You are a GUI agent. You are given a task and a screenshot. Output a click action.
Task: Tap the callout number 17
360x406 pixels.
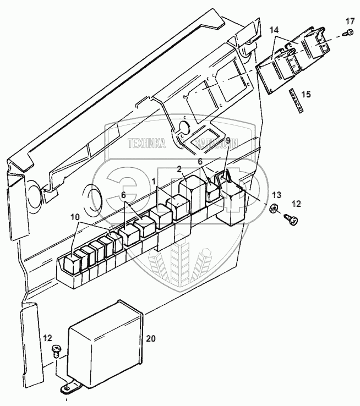pos(350,21)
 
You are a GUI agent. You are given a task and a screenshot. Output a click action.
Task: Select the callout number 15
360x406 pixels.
pos(305,94)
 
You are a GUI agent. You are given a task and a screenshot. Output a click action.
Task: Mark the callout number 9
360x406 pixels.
pos(228,156)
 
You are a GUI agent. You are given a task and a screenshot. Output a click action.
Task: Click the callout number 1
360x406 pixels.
pos(154,180)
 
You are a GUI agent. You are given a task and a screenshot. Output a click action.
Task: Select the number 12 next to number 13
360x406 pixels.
pos(296,204)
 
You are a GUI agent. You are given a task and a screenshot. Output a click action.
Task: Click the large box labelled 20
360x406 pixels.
pos(105,341)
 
